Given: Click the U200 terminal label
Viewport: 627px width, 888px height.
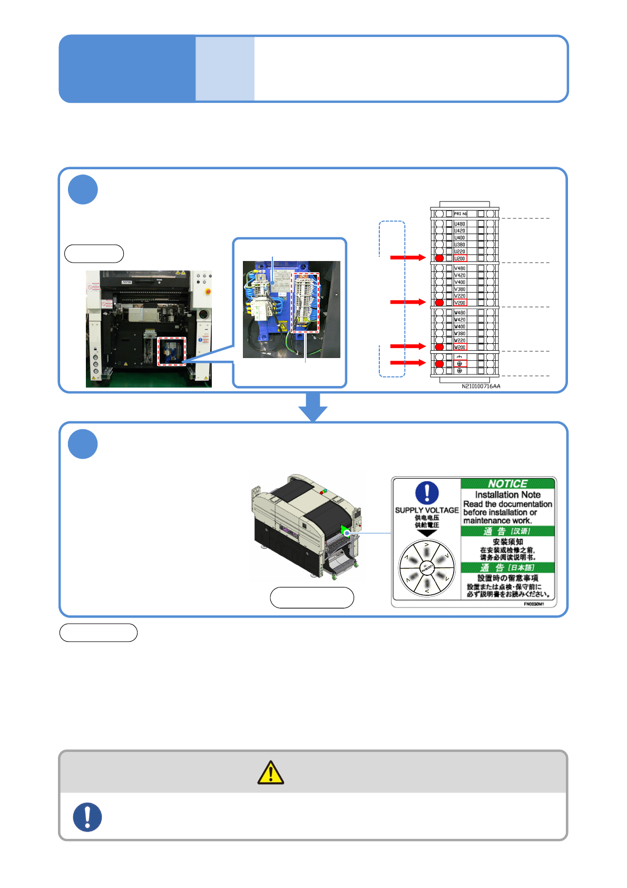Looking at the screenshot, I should pos(460,258).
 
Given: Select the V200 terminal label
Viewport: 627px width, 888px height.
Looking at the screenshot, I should pos(460,303).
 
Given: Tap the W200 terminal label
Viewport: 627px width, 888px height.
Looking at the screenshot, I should pos(460,347).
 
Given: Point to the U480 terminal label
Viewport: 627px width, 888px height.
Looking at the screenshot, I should pos(460,224).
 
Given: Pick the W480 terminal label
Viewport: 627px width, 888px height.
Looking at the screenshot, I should pos(460,313).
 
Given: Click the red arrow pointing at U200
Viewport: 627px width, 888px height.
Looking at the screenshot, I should pos(407,257).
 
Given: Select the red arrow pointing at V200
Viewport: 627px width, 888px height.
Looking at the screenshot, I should pos(407,302).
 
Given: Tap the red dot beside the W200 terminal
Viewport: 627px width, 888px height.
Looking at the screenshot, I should pos(439,347).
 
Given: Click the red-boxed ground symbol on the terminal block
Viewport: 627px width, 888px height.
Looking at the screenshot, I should pos(460,363).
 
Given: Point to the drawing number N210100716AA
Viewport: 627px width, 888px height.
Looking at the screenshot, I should pos(481,387).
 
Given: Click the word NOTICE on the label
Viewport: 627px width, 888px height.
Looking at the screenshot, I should pos(507,484).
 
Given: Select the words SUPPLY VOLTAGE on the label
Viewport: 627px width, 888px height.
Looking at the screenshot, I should pos(427,510).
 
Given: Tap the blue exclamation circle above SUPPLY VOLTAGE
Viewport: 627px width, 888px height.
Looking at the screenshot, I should pos(427,493).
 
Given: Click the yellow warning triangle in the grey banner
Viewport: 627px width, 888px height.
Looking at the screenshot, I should pos(271,773).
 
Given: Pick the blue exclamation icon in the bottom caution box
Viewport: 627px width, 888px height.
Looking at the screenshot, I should pos(87,817).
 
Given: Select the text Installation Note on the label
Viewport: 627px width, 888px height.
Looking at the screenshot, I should pos(507,495).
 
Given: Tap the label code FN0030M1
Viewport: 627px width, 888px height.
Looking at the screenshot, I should pos(534,604).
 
